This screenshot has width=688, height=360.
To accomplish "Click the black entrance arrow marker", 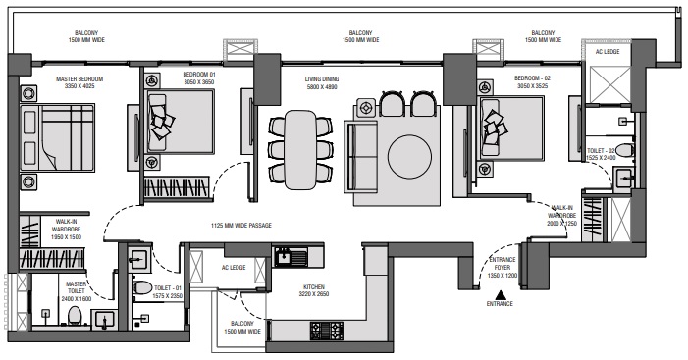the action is [x=500, y=295].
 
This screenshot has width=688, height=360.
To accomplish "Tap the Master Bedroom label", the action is [x=79, y=82].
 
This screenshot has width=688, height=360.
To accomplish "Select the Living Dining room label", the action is [x=322, y=82].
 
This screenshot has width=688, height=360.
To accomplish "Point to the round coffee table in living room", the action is [x=409, y=157].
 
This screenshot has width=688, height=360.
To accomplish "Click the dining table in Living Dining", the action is [x=300, y=150].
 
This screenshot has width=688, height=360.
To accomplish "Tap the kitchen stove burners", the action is [x=327, y=331].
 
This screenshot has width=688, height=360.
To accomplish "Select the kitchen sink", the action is [x=291, y=257].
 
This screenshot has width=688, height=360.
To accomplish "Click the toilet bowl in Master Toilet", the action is [x=75, y=315].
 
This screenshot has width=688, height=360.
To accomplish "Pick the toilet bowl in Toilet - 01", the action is [x=143, y=288].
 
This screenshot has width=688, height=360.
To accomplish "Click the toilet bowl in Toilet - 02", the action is [x=624, y=150].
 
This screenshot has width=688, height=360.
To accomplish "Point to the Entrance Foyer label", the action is [x=503, y=268].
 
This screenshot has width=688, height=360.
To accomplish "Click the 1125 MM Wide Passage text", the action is [x=241, y=226].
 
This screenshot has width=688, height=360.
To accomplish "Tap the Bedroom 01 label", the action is [x=199, y=78].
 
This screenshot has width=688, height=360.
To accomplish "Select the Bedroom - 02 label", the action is [x=532, y=82].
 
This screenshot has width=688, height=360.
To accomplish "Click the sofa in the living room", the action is [x=361, y=157].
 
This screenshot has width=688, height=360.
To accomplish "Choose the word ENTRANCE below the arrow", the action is [x=500, y=303].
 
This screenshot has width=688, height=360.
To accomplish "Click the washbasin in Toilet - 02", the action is [x=622, y=178].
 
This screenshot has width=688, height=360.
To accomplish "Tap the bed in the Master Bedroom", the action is [x=57, y=137].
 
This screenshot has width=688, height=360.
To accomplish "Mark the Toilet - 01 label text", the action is [x=168, y=292].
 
